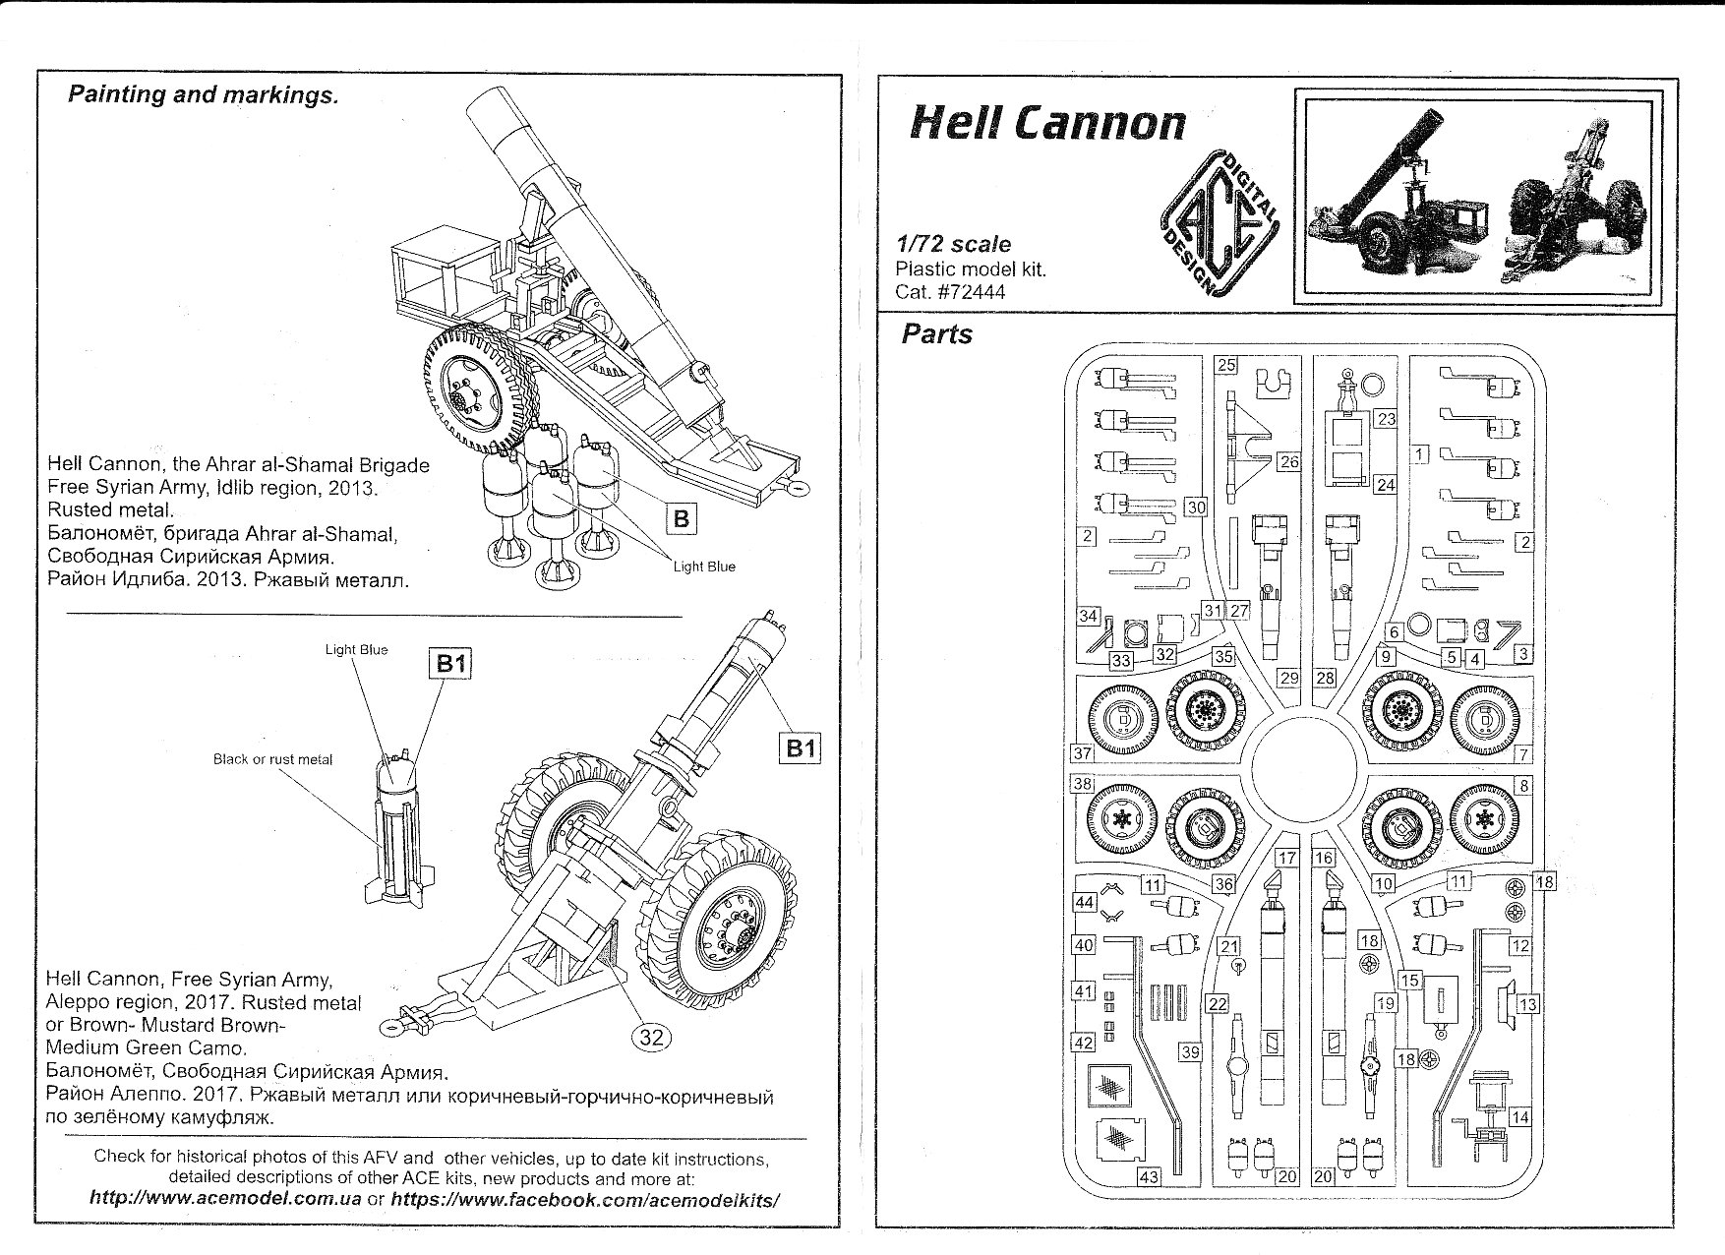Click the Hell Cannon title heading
pos(1048,123)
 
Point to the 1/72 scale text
pos(953,244)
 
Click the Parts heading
pos(936,334)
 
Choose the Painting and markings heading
pos(203,95)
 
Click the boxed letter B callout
pos(681,517)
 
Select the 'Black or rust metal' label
pos(272,759)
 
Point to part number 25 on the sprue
pos(1225,365)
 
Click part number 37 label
pos(1082,753)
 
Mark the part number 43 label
pos(1148,1176)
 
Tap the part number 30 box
pos(1196,508)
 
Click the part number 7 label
pos(1522,754)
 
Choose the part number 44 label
pos(1085,902)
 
